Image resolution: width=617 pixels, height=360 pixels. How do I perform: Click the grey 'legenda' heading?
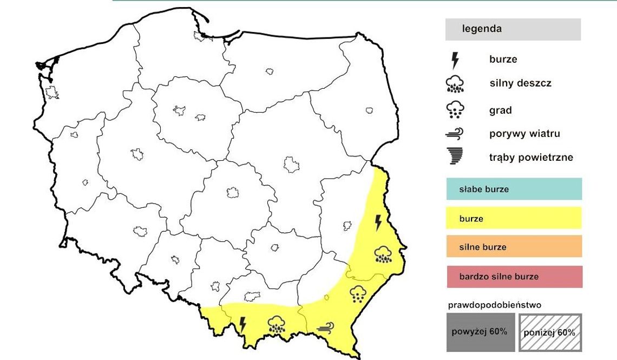[513, 29]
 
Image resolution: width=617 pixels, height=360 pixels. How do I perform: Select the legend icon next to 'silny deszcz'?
[455, 84]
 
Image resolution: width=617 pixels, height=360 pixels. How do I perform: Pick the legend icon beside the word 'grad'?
[455, 110]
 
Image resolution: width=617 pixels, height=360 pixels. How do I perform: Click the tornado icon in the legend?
[455, 156]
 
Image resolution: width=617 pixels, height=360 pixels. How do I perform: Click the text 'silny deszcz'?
[520, 84]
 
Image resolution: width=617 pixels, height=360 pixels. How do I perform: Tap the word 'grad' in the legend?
[500, 110]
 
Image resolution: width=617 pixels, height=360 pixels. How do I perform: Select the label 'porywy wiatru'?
[524, 134]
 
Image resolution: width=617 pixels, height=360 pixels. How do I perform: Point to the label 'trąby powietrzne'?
[530, 158]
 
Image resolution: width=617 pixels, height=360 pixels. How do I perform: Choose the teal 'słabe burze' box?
[514, 189]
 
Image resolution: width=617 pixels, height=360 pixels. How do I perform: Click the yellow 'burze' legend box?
[514, 218]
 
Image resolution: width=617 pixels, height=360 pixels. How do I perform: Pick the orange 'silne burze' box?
[514, 246]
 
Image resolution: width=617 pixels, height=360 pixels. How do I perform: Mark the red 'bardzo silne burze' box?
[514, 276]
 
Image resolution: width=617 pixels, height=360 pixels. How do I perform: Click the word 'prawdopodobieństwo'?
[494, 305]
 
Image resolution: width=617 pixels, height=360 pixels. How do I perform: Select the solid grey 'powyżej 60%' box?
[480, 332]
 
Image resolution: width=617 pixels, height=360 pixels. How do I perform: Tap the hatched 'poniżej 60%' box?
[550, 332]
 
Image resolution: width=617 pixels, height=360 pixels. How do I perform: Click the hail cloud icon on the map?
[357, 293]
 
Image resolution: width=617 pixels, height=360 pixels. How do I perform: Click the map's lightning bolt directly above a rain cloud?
[378, 222]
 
